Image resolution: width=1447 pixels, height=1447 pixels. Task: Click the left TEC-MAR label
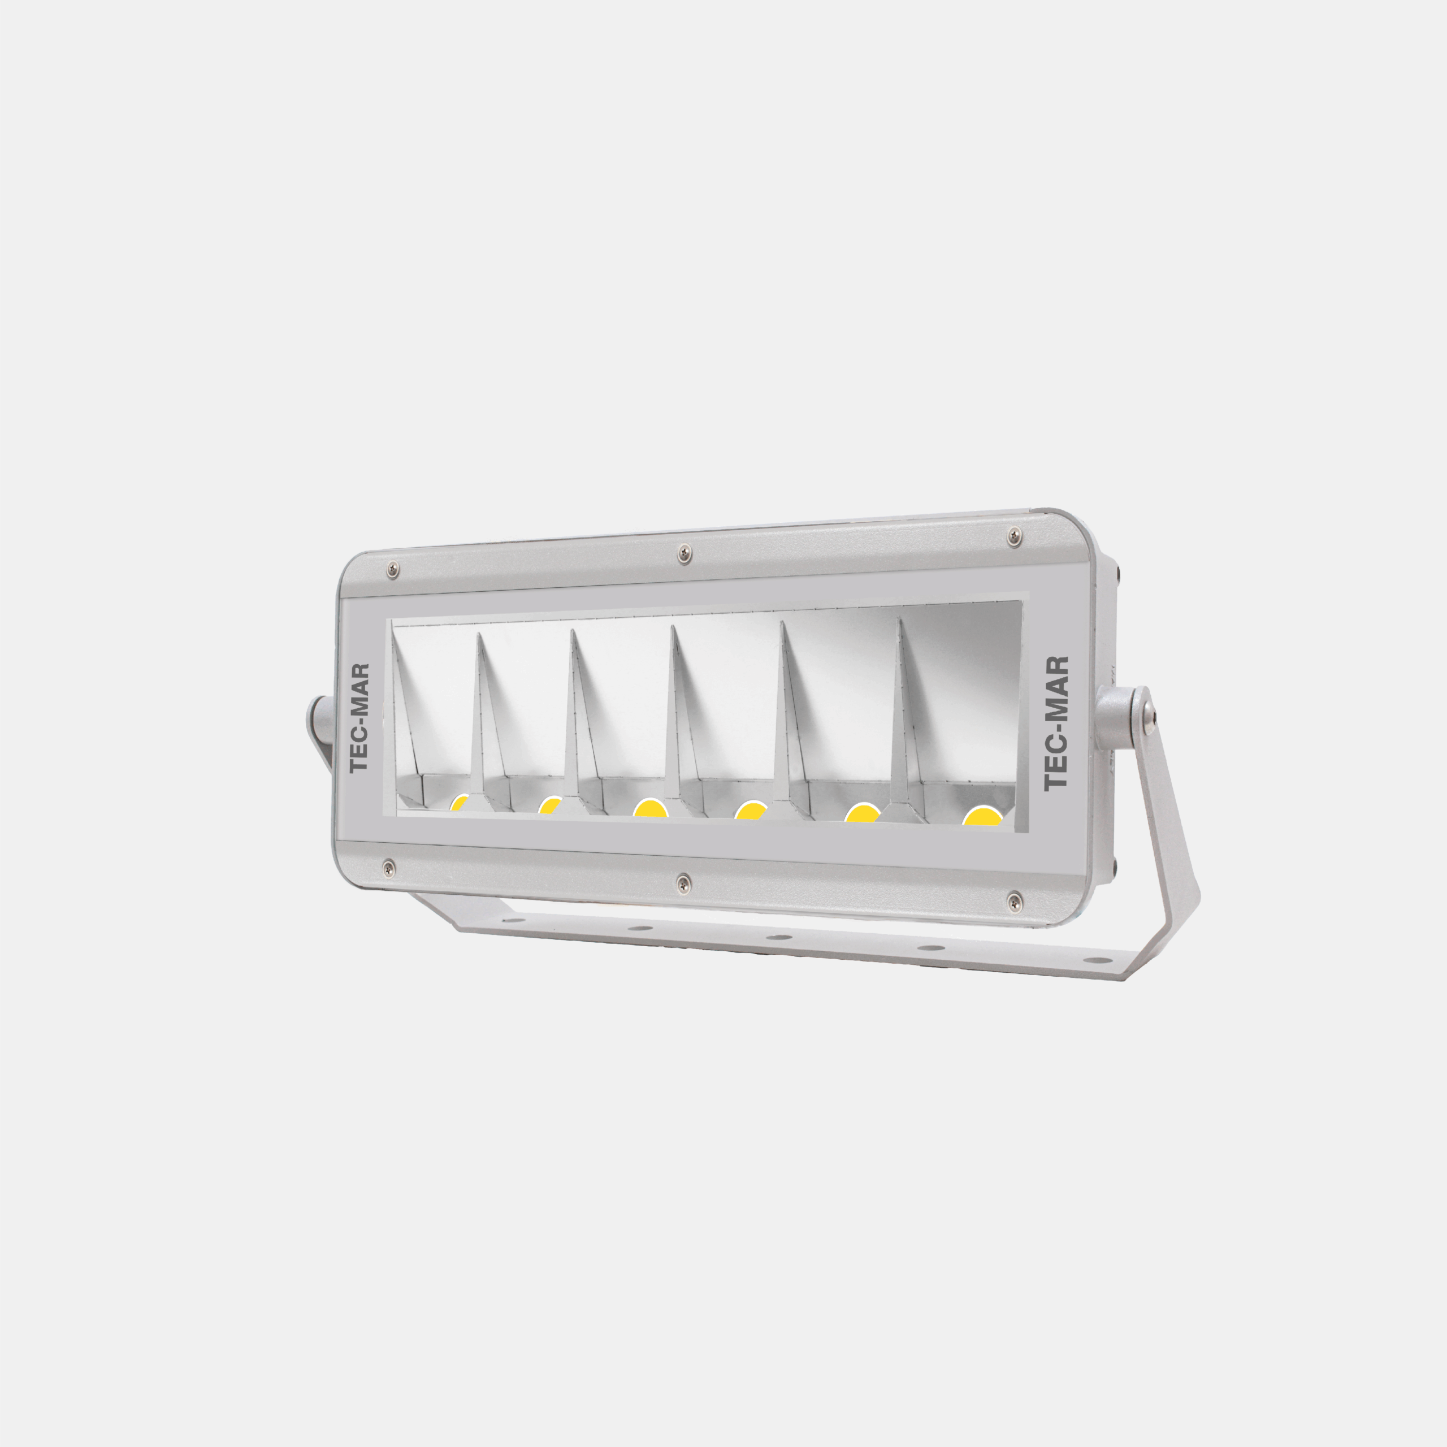(x=360, y=717)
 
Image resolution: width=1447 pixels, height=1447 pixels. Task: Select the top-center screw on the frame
(x=683, y=553)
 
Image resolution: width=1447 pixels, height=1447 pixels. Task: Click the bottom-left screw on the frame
(x=387, y=867)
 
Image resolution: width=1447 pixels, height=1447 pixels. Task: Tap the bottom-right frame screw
(x=1013, y=899)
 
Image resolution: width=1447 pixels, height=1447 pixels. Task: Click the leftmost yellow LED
(x=459, y=804)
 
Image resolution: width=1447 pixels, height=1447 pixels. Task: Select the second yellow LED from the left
(x=550, y=806)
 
